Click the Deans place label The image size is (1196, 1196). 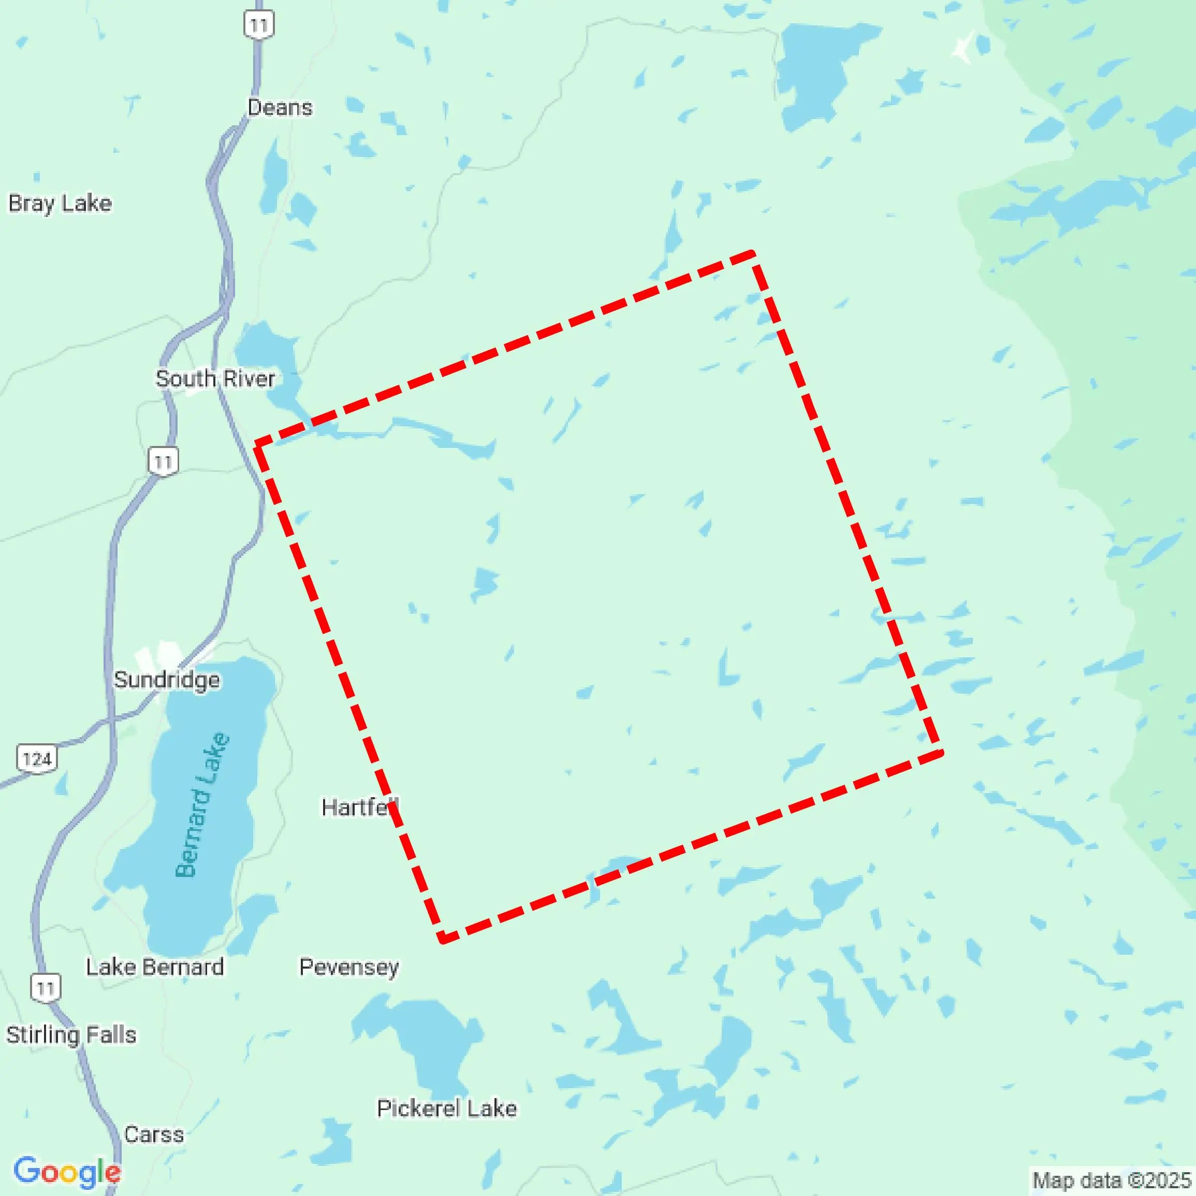(280, 108)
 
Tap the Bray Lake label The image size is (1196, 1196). (60, 203)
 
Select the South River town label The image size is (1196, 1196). (215, 379)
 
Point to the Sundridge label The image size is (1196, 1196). (167, 680)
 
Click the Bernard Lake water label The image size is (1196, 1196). (202, 804)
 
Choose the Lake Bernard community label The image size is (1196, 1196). (155, 967)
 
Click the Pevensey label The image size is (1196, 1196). (349, 967)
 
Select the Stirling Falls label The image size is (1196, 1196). (71, 1034)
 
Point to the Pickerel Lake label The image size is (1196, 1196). (447, 1108)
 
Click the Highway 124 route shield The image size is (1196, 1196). (37, 758)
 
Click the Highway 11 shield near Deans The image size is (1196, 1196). (259, 25)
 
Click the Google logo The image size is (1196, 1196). (67, 1171)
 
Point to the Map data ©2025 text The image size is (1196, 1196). (1111, 1180)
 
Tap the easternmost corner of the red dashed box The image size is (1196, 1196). (940, 753)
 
